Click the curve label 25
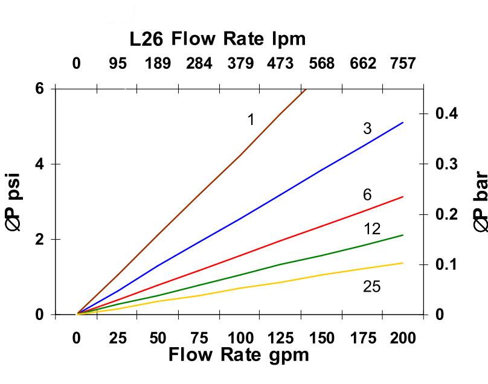(372, 287)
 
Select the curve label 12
(373, 229)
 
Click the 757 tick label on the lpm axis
(402, 63)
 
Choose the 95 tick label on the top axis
(118, 63)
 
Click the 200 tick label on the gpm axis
(403, 338)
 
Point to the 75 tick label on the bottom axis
(199, 338)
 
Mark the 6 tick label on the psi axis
(39, 89)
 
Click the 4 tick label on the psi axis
(39, 164)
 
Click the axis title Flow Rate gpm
(239, 354)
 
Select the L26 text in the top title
(147, 40)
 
